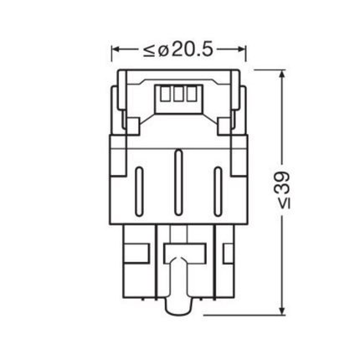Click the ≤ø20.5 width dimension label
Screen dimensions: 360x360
[x=180, y=50]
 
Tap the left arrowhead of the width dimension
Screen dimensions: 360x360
[x=116, y=50]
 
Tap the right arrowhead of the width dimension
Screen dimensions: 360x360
[x=243, y=50]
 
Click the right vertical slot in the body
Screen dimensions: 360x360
[x=219, y=189]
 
